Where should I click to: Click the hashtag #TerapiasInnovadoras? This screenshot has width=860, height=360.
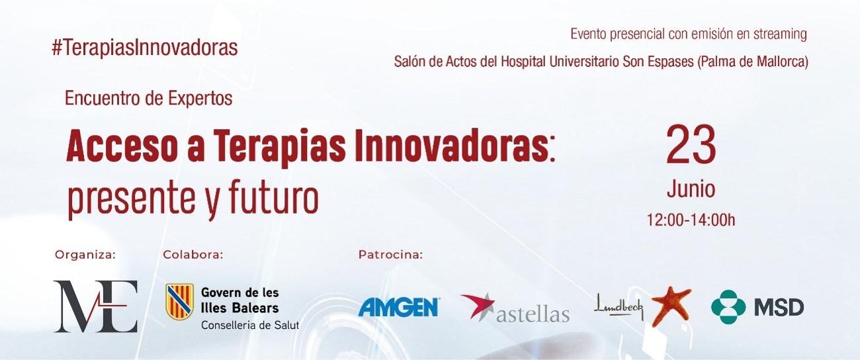click(x=145, y=48)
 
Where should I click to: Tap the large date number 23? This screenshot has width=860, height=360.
click(x=691, y=145)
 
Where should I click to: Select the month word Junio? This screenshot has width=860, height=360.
click(x=691, y=189)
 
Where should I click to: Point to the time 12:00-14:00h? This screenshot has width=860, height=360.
click(x=691, y=220)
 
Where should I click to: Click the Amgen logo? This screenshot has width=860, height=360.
click(x=399, y=307)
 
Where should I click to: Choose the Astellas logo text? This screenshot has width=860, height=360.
click(x=533, y=315)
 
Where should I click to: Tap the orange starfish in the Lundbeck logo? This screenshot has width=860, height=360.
click(x=671, y=306)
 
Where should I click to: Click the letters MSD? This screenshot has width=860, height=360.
click(x=779, y=308)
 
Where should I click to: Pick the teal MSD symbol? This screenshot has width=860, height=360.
click(x=728, y=307)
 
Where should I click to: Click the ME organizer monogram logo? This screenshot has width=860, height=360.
click(x=95, y=306)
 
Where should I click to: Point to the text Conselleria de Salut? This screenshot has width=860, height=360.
click(x=250, y=325)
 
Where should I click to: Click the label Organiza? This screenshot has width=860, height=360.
click(x=85, y=255)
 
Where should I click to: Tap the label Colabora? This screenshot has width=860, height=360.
click(x=193, y=255)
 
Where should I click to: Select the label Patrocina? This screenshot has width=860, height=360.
click(x=390, y=255)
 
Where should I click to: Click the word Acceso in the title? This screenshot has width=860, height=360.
click(x=122, y=146)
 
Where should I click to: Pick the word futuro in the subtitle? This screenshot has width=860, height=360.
click(x=274, y=198)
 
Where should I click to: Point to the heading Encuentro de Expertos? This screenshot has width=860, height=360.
click(x=149, y=98)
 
